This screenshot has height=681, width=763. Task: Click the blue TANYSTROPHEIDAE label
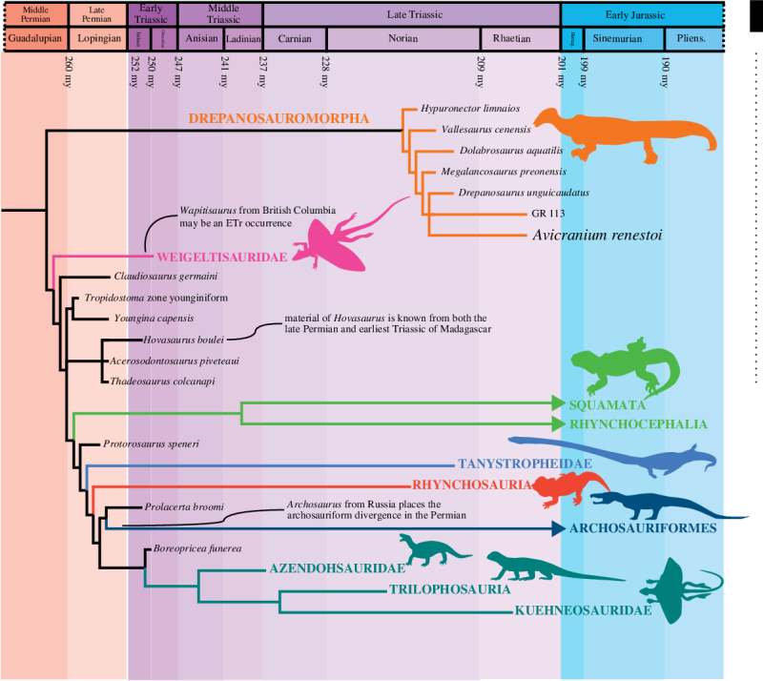tap(520, 464)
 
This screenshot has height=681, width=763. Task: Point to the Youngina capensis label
tap(154, 318)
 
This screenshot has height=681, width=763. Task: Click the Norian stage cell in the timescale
tap(403, 38)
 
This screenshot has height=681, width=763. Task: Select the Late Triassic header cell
tap(411, 13)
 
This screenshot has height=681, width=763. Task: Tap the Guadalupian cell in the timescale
tap(33, 38)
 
